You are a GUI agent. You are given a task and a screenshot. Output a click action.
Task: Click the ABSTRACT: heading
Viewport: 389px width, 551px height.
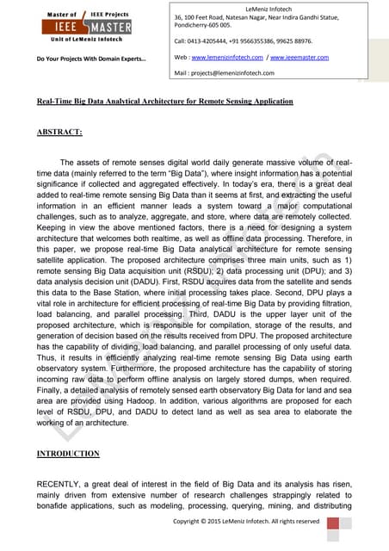[59, 133]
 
